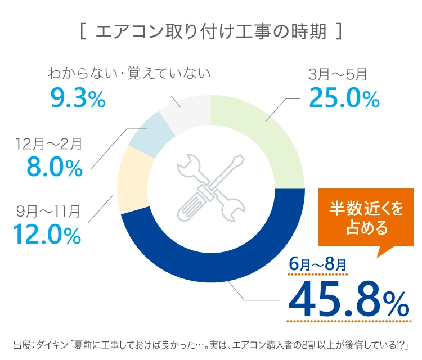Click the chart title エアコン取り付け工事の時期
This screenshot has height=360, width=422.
tap(211, 31)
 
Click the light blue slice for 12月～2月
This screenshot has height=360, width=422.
tap(148, 128)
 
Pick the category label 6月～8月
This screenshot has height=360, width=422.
tap(318, 263)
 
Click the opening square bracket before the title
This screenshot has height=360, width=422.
tap(83, 31)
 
